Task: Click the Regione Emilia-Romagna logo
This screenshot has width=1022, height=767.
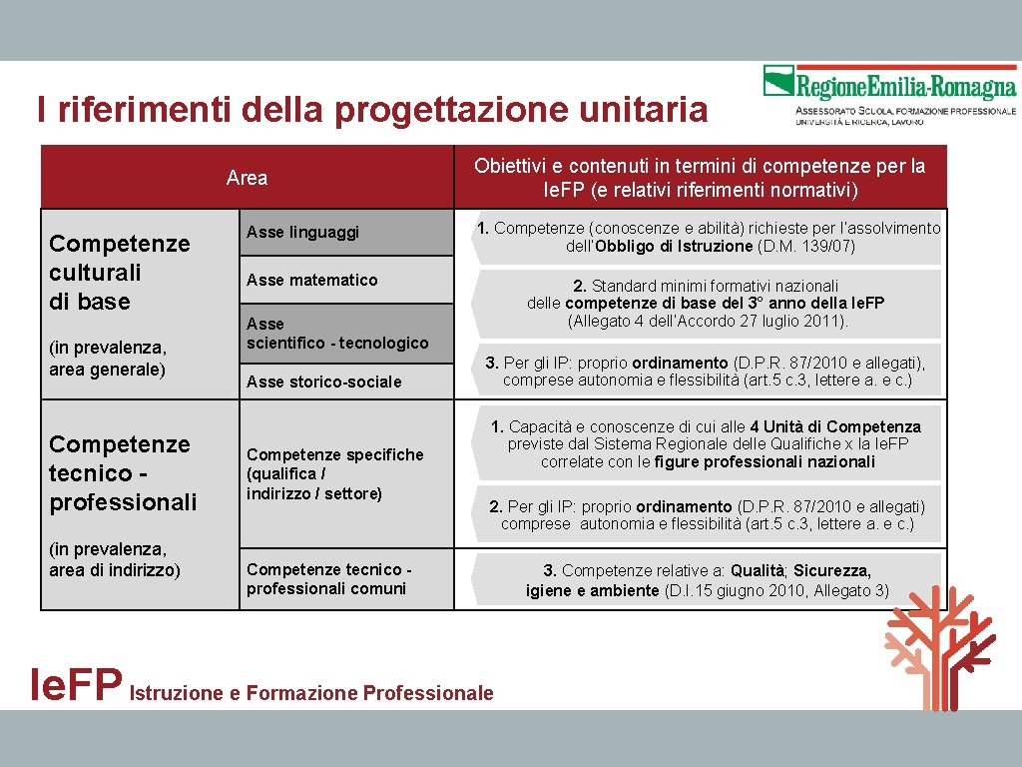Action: tap(889, 94)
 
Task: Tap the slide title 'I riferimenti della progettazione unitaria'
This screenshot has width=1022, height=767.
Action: tap(371, 109)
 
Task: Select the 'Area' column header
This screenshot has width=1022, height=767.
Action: tap(247, 178)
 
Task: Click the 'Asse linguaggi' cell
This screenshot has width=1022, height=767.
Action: tap(302, 233)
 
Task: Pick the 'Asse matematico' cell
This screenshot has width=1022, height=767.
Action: tap(312, 280)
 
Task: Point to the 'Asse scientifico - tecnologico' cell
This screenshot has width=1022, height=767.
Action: tap(337, 334)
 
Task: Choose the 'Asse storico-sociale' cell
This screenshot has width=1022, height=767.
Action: tap(324, 382)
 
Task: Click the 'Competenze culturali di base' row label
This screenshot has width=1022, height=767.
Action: tap(119, 273)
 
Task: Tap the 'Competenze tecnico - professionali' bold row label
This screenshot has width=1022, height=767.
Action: tap(123, 472)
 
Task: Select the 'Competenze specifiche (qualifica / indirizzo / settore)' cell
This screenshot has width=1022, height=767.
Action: tap(334, 474)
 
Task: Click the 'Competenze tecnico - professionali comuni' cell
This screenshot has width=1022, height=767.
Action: tap(328, 579)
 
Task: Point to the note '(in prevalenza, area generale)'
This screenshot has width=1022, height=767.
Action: tap(108, 358)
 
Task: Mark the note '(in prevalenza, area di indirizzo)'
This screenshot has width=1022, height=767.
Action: tap(115, 559)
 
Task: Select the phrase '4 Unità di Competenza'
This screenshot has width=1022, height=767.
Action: tap(835, 427)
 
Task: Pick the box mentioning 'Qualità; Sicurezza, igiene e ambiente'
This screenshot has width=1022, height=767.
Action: tap(707, 580)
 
